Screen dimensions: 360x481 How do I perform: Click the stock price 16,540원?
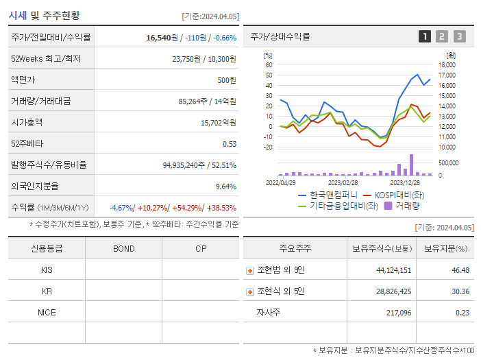(x=162, y=37)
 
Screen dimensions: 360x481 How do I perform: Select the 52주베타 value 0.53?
(x=230, y=143)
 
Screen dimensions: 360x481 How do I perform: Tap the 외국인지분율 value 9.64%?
(x=225, y=186)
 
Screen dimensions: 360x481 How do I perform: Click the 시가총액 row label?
(x=27, y=122)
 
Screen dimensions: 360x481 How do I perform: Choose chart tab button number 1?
(x=425, y=36)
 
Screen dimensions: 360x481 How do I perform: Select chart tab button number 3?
(x=459, y=36)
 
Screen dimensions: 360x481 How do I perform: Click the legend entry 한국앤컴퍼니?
(x=327, y=195)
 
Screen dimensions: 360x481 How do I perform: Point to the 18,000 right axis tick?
(x=447, y=65)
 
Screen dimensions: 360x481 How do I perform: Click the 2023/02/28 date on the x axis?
(x=343, y=182)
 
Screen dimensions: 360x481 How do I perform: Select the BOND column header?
(x=123, y=248)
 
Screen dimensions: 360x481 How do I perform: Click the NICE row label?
(x=47, y=312)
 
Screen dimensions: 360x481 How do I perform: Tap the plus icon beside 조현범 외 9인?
(x=250, y=271)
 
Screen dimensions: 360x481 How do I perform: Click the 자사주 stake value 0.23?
(x=462, y=313)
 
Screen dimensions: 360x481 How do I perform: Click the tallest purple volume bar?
(x=411, y=165)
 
